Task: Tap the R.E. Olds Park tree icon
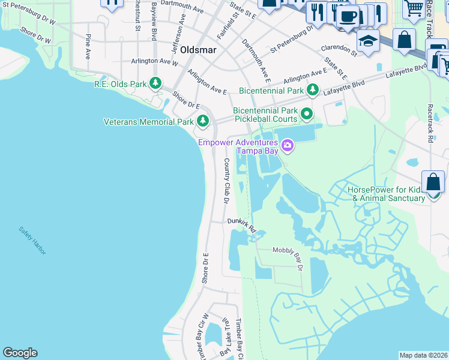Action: click(155, 83)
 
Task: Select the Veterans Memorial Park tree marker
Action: click(203, 122)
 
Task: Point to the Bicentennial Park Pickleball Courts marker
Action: click(307, 113)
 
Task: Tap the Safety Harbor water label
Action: click(32, 240)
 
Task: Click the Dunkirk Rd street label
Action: click(241, 224)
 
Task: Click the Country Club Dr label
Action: click(227, 181)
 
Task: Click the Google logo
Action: click(20, 353)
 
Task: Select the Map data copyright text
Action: click(423, 355)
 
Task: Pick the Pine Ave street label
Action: click(88, 46)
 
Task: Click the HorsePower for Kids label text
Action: click(385, 193)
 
